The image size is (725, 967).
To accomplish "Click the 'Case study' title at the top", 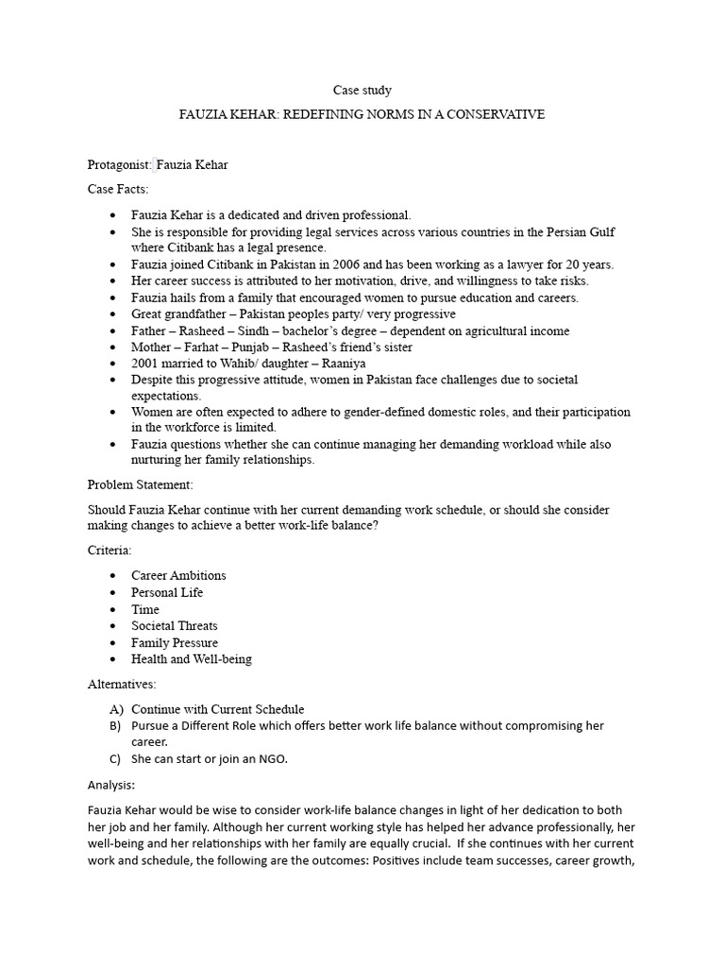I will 362,91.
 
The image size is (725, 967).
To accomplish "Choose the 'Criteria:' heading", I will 110,550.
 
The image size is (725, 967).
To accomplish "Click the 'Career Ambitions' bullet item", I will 178,575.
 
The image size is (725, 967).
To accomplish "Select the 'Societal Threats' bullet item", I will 175,625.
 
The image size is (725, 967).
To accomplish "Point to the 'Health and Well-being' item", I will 192,659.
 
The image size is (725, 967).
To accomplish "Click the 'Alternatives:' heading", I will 122,684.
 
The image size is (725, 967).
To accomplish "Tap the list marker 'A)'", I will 116,709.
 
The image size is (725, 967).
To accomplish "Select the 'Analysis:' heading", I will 111,785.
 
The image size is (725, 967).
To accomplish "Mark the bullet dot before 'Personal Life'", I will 114,592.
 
